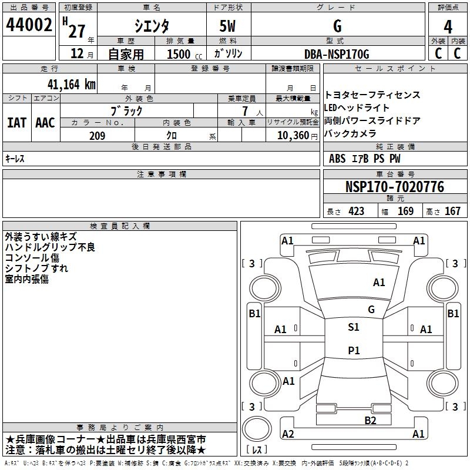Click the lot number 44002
[29, 26]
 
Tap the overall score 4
[448, 26]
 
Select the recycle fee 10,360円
[291, 136]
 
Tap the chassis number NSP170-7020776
[394, 187]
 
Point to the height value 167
[452, 211]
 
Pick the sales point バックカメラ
[351, 133]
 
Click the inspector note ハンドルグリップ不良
[50, 247]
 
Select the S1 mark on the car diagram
[353, 327]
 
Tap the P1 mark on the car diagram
[353, 351]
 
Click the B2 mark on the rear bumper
[370, 419]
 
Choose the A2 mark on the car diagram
[288, 434]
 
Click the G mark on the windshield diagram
[371, 309]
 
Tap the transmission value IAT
[16, 123]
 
